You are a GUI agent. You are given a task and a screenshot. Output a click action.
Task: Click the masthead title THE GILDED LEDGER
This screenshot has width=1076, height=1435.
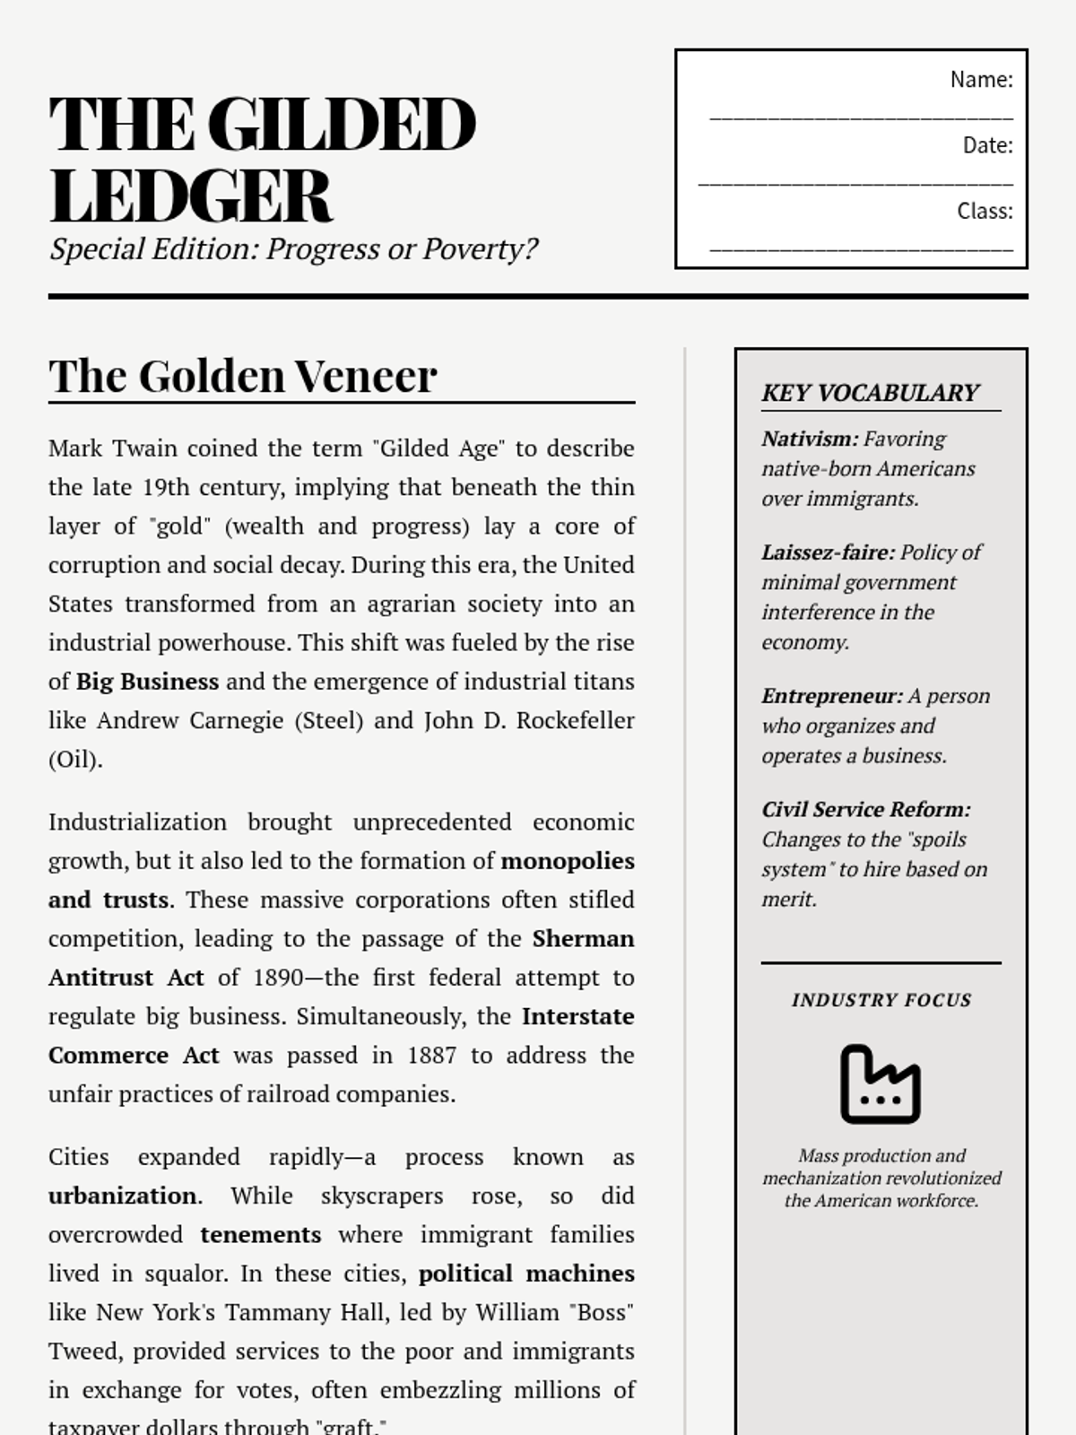click(x=262, y=159)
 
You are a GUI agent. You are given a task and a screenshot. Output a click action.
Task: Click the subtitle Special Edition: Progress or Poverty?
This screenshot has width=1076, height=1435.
click(x=293, y=248)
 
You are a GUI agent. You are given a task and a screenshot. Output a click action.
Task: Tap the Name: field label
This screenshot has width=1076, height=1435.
click(x=981, y=80)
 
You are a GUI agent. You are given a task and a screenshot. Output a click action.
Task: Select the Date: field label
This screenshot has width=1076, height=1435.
click(x=987, y=145)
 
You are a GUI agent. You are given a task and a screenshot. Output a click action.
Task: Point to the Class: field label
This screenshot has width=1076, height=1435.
click(x=985, y=211)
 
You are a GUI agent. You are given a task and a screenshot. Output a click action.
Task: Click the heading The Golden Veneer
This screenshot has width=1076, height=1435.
click(x=243, y=376)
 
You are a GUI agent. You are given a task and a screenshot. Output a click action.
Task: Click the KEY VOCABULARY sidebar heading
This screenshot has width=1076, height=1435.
click(x=870, y=393)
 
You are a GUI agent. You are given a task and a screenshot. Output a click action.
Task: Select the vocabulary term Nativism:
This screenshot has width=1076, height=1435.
click(x=810, y=439)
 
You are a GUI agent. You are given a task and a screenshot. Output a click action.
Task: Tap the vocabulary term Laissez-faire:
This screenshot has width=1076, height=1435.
click(x=828, y=552)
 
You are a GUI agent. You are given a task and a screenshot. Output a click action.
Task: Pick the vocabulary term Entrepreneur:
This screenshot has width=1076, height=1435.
click(x=832, y=696)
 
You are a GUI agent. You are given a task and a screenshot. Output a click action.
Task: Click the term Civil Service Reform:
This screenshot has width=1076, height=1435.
click(x=865, y=809)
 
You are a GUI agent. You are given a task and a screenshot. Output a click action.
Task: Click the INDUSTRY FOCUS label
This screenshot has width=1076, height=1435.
click(x=881, y=1000)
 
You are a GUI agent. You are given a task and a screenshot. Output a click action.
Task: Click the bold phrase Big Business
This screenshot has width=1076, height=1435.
click(x=147, y=682)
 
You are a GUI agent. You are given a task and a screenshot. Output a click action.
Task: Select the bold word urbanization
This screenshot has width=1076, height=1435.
click(x=122, y=1196)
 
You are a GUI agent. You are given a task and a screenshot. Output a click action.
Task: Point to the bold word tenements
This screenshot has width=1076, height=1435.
click(x=260, y=1235)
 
